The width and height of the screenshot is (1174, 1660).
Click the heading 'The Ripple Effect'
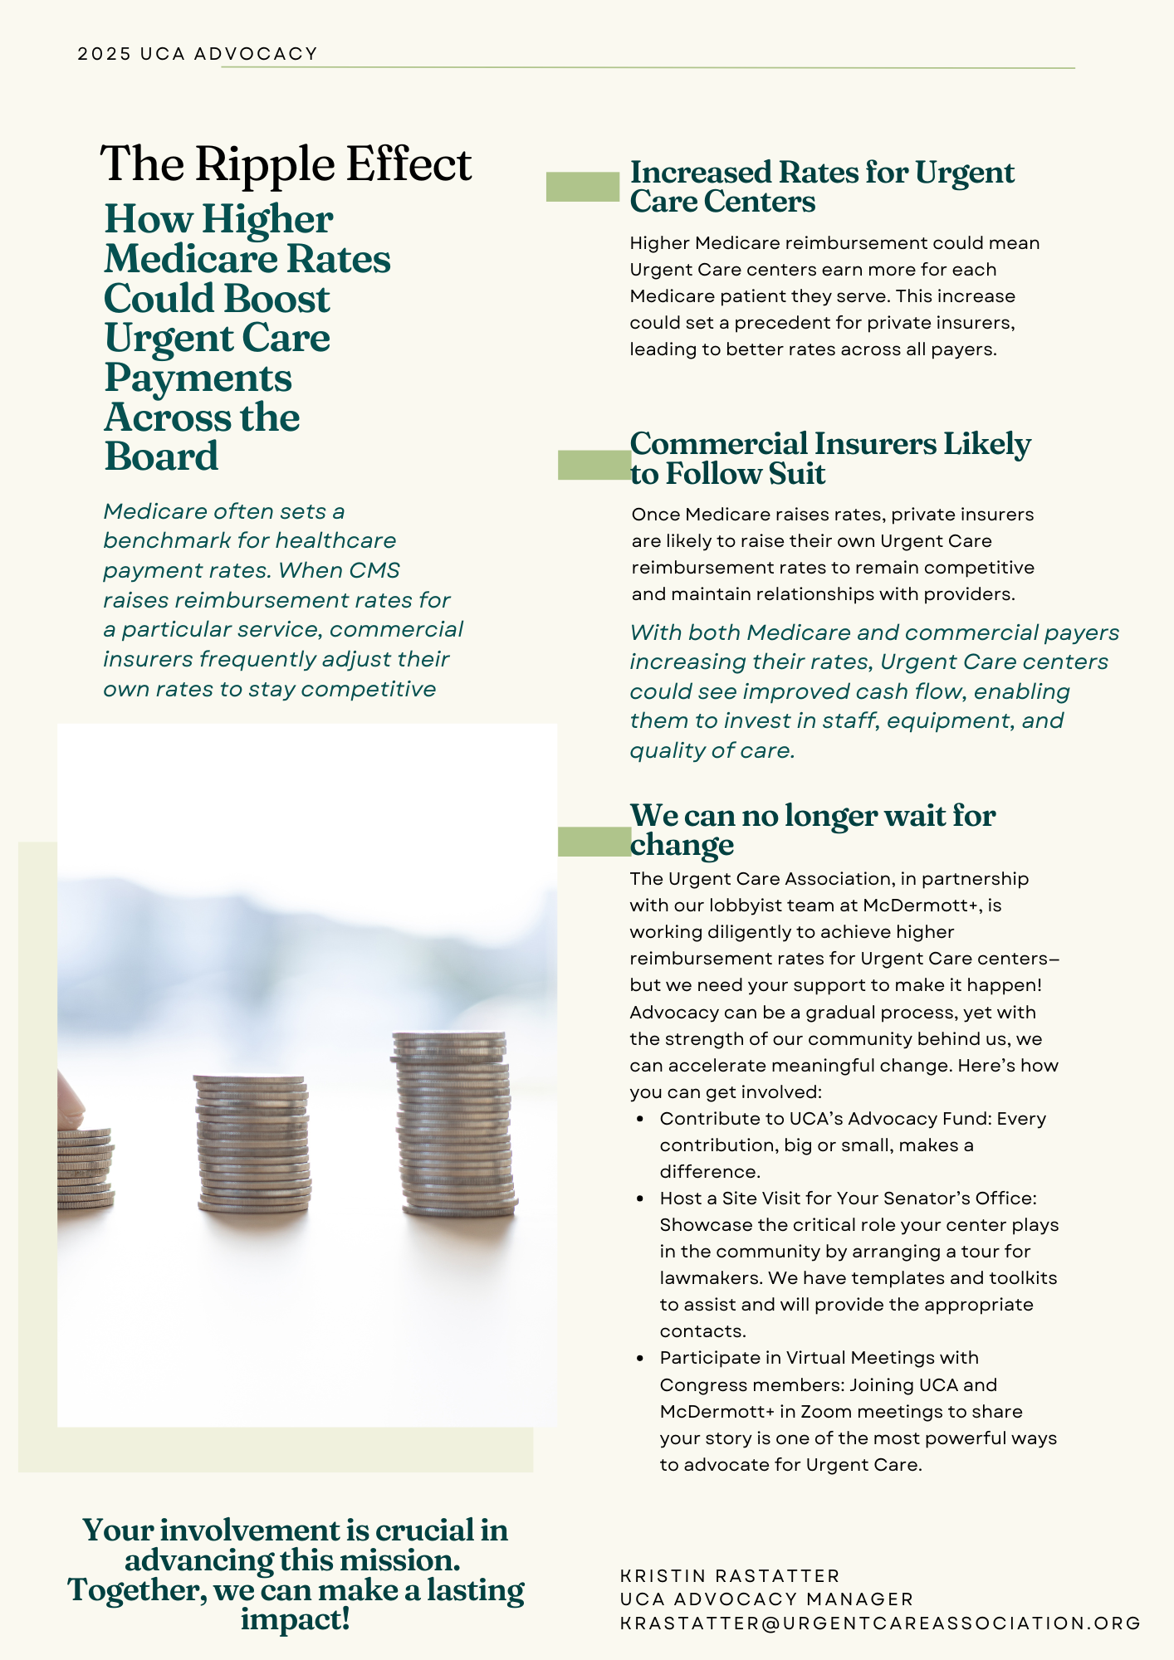click(x=286, y=164)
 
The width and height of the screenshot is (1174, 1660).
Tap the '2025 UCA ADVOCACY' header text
click(x=198, y=54)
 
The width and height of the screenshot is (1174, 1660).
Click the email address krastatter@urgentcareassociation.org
click(x=880, y=1623)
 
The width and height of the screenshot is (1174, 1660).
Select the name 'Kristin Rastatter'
click(x=730, y=1576)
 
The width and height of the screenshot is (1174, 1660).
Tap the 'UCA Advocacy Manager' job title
click(x=766, y=1599)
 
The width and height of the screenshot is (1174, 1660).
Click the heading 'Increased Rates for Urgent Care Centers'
click(x=821, y=187)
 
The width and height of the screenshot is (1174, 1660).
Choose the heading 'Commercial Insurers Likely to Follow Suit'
click(x=829, y=458)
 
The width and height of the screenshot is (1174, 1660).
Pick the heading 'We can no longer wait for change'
click(x=812, y=829)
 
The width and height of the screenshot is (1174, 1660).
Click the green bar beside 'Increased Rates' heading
click(x=582, y=187)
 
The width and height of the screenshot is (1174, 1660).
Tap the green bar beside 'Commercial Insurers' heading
click(x=594, y=465)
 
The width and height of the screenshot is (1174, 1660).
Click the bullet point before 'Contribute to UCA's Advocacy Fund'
click(x=640, y=1119)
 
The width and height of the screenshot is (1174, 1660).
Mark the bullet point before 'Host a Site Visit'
click(x=640, y=1199)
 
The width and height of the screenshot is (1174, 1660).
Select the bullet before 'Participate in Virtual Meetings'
click(x=640, y=1359)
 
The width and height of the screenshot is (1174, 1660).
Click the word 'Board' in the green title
click(x=161, y=456)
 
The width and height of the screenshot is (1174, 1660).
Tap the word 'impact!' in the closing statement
click(x=296, y=1619)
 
